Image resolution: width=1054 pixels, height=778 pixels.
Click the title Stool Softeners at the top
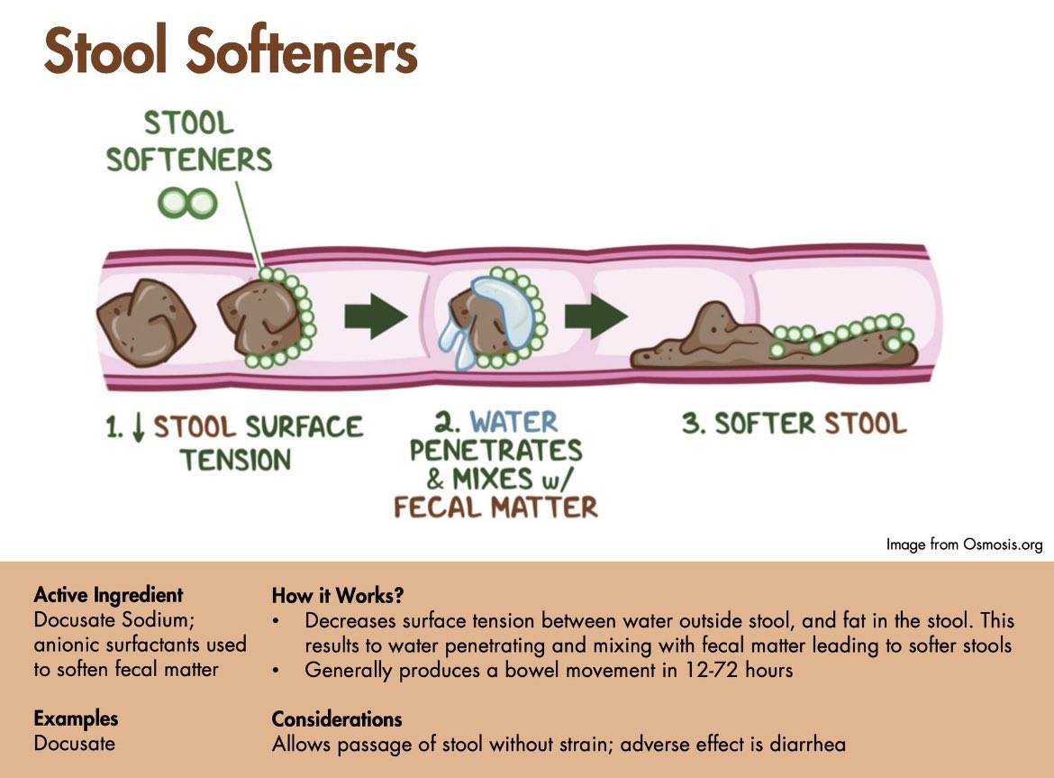230,51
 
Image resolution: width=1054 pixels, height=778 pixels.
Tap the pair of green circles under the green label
187,203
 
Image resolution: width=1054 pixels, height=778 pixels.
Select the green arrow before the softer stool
595,316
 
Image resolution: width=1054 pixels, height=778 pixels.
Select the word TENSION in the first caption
235,461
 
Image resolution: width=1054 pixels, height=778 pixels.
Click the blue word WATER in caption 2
513,421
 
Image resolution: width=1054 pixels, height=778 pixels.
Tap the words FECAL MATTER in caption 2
495,507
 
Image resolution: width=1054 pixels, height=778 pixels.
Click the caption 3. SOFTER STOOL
794,424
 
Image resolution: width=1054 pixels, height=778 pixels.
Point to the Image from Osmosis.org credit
964,545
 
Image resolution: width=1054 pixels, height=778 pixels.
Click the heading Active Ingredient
108,595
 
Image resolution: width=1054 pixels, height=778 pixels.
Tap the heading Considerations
337,719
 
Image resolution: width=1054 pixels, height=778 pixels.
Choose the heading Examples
76,719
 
